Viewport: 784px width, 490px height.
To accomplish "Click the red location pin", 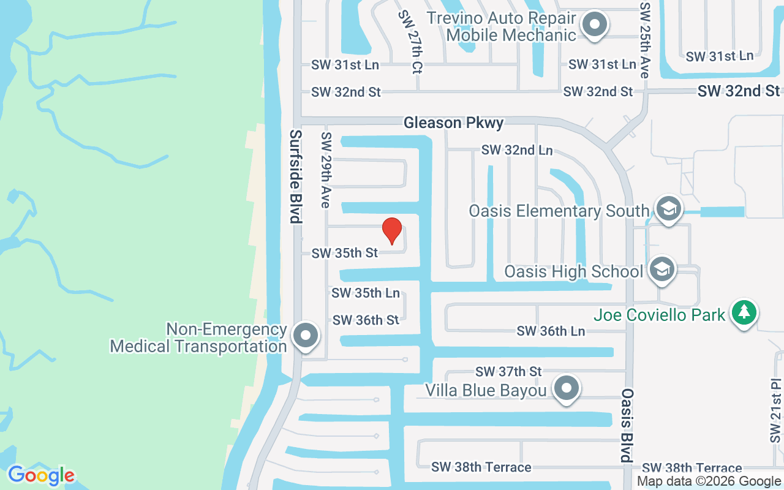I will pyautogui.click(x=392, y=230).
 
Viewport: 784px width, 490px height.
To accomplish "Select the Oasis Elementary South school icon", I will pyautogui.click(x=668, y=209).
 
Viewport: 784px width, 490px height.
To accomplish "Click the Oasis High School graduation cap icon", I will pyautogui.click(x=661, y=269).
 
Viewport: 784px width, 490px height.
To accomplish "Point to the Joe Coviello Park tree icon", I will pyautogui.click(x=744, y=313).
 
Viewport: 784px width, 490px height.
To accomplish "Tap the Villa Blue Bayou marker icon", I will pyautogui.click(x=567, y=388).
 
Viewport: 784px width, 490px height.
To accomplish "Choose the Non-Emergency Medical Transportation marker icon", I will pyautogui.click(x=306, y=336).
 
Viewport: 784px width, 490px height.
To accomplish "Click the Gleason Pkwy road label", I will pyautogui.click(x=453, y=123).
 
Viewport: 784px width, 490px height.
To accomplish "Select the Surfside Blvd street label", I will pyautogui.click(x=296, y=176).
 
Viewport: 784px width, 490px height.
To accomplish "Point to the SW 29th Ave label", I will pyautogui.click(x=326, y=170).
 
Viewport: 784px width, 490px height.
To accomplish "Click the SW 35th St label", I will pyautogui.click(x=345, y=253).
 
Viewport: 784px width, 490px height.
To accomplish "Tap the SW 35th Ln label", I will pyautogui.click(x=366, y=293).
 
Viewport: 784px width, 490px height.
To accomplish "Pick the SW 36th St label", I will pyautogui.click(x=366, y=320).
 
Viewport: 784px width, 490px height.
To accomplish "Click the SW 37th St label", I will pyautogui.click(x=508, y=371).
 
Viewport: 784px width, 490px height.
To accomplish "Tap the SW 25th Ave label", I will pyautogui.click(x=644, y=40).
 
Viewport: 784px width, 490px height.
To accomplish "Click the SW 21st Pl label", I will pyautogui.click(x=776, y=410).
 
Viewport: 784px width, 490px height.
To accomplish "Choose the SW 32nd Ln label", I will pyautogui.click(x=517, y=150).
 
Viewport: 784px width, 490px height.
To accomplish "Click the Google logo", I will pyautogui.click(x=41, y=475).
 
